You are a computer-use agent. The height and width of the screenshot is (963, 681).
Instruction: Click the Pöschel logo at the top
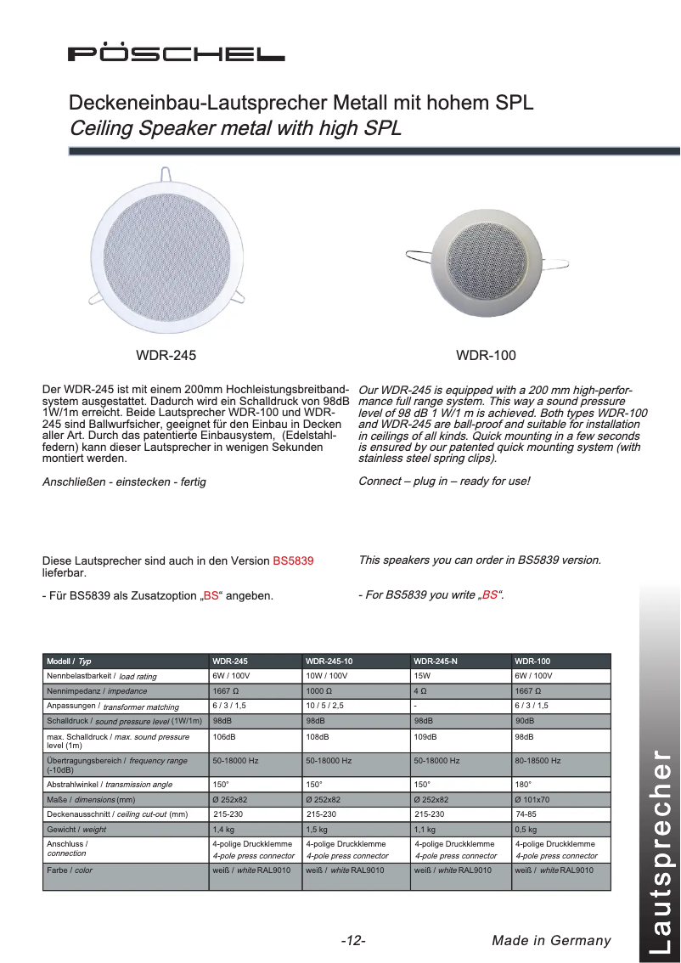coord(177,53)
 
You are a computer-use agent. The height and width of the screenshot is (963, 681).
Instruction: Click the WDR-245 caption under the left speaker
coord(166,355)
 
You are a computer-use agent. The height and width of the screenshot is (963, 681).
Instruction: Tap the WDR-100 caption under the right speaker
coord(486,355)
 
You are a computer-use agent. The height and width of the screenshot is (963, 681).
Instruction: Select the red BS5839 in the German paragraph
coord(293,560)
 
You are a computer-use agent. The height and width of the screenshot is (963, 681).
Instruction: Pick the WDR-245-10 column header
coord(329,661)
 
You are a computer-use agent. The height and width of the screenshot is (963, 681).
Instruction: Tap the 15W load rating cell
coord(423,676)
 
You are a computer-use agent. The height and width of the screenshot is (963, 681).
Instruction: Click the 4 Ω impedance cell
coord(421,691)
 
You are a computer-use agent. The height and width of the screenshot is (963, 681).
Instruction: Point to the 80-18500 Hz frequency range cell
coord(537,761)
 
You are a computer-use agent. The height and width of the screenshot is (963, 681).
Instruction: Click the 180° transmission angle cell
coord(523,784)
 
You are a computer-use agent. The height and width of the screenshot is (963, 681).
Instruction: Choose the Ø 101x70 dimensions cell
coord(532,799)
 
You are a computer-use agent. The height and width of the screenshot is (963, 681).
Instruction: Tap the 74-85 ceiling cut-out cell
coord(526,814)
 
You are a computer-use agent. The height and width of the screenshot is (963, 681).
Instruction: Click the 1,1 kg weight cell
coord(425,829)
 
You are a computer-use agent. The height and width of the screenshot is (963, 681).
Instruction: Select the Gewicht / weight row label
coord(76,830)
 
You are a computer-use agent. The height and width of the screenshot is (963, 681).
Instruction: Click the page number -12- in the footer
coord(352,940)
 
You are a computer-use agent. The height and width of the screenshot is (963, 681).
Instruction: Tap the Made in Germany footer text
coord(551,940)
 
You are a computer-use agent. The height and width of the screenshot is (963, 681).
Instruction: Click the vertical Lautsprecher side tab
coord(661,849)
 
